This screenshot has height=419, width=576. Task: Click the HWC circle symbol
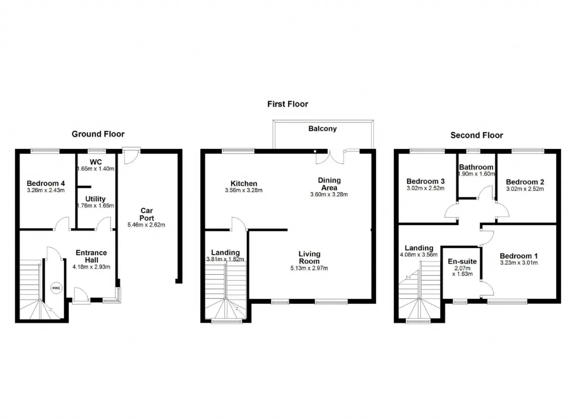point(56,288)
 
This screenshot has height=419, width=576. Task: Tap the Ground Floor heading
point(98,134)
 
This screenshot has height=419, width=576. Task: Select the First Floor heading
point(288,104)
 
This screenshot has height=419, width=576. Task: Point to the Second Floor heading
point(477,135)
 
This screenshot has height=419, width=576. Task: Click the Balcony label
point(323,129)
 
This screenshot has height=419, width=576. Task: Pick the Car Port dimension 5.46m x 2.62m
point(146,225)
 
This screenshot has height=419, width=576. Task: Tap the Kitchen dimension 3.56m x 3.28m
point(244,190)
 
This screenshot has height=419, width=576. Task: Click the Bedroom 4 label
point(46,183)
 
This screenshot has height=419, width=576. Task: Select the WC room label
point(96,162)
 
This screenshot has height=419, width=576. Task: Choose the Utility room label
point(95,199)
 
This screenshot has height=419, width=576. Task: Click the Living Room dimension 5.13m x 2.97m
point(309,268)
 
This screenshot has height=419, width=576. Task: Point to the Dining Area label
point(329,184)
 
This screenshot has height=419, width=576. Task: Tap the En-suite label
point(462,261)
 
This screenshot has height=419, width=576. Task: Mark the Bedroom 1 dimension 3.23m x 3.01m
point(519,263)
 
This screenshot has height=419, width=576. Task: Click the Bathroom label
point(476,167)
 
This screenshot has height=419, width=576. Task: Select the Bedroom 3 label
point(426,181)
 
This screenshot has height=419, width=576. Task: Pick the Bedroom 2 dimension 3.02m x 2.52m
point(525,189)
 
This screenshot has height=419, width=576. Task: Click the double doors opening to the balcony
point(330,157)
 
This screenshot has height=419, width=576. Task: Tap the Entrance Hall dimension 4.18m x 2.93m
point(91,267)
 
